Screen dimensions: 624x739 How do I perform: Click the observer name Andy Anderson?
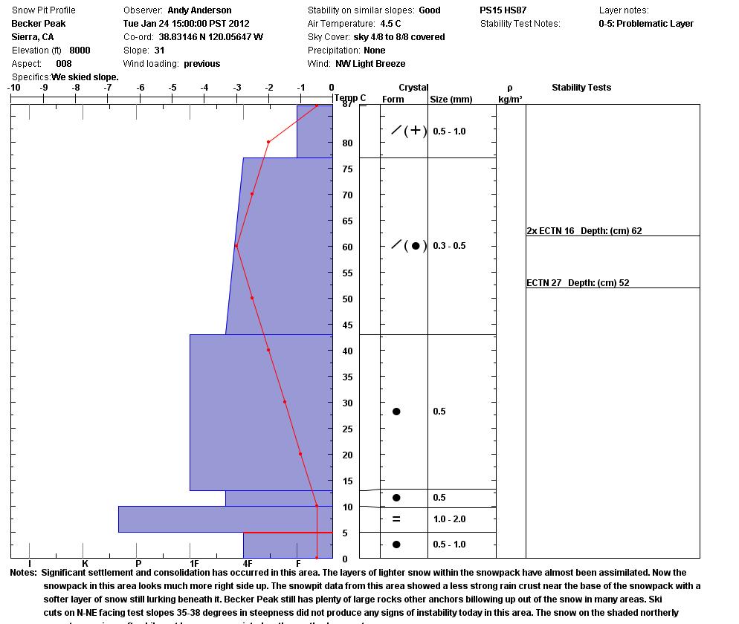(199, 10)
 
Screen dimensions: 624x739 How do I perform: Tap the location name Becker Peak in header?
(39, 24)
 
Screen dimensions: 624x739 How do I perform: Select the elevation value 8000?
(80, 51)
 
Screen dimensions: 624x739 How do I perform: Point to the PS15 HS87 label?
(503, 10)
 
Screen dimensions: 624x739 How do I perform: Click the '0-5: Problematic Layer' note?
(646, 24)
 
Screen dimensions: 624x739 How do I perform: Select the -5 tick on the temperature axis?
(172, 88)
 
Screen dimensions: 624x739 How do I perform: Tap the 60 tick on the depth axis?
(347, 247)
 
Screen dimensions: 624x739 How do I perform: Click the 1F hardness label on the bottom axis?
(194, 564)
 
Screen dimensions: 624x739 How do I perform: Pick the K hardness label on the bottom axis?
(85, 564)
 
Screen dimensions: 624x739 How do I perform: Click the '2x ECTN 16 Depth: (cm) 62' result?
(584, 231)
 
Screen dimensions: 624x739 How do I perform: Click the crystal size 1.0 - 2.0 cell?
(449, 519)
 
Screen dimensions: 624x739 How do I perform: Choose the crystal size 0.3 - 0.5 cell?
(449, 246)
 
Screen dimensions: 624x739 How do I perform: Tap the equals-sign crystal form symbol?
(396, 519)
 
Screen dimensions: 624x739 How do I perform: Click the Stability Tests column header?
(581, 88)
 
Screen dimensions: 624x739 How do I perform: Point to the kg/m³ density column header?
(510, 99)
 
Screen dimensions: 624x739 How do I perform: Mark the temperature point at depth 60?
(236, 246)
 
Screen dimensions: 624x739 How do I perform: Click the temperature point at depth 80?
(268, 142)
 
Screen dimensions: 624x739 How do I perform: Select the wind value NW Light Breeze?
(370, 64)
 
